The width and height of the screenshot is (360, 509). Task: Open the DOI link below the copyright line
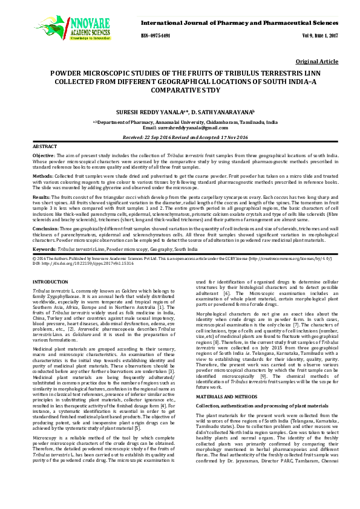[x=73, y=264]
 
